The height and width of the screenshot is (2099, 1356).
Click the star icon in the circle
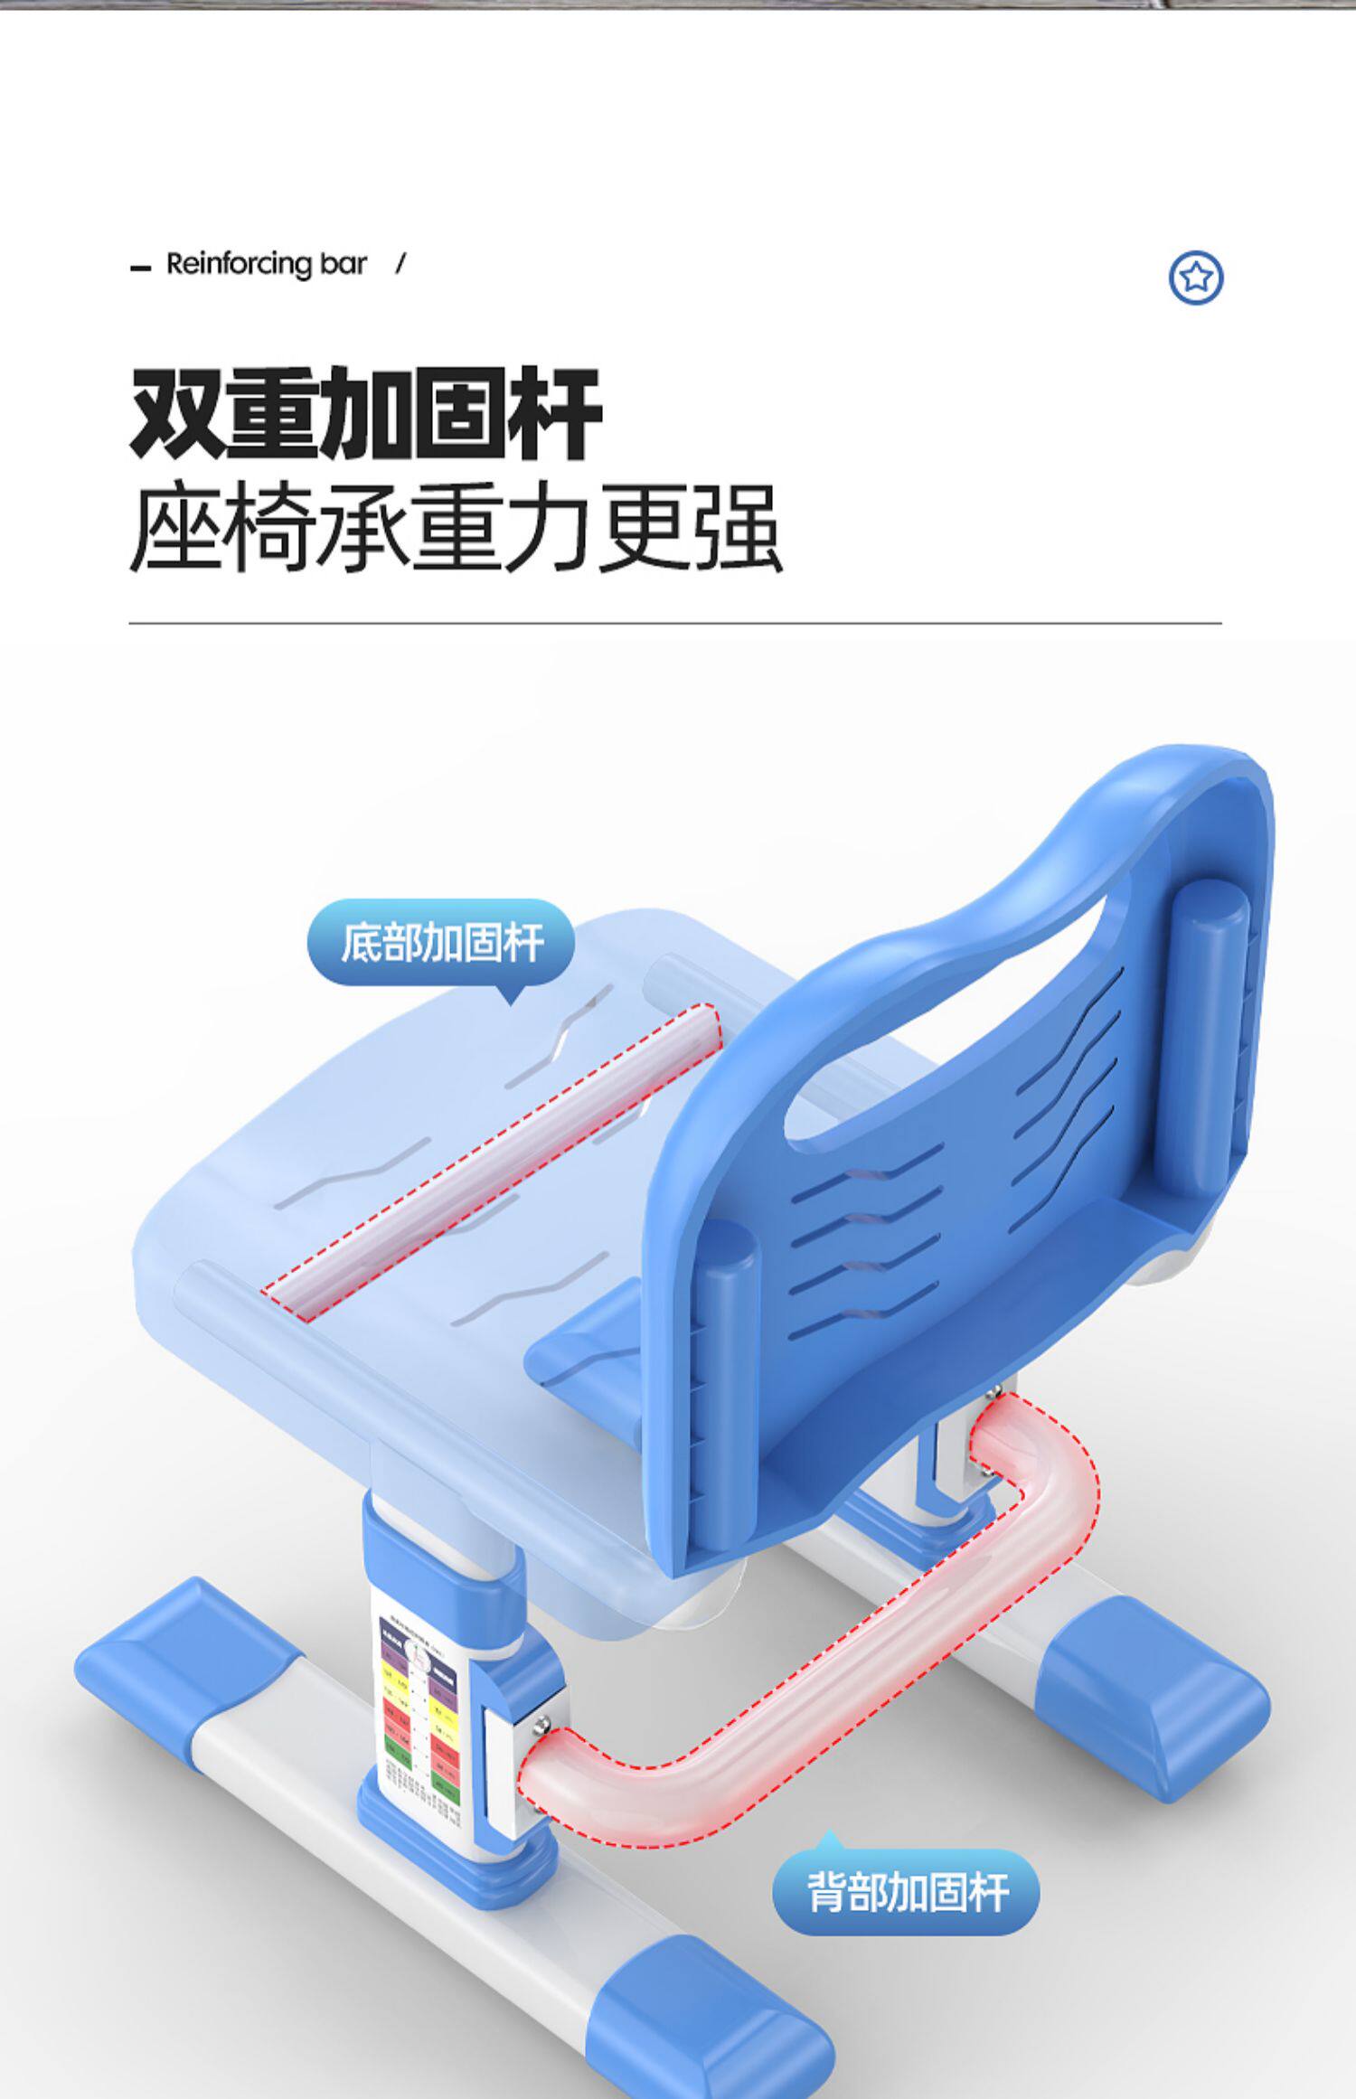1195,278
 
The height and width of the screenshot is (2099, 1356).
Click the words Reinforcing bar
266,264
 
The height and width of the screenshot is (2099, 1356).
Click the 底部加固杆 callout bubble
441,943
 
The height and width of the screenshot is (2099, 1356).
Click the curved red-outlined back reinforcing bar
814,1663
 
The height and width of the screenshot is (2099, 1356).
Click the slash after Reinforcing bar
400,264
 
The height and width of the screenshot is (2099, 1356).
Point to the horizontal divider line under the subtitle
674,623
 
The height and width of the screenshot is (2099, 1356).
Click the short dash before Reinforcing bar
140,268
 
